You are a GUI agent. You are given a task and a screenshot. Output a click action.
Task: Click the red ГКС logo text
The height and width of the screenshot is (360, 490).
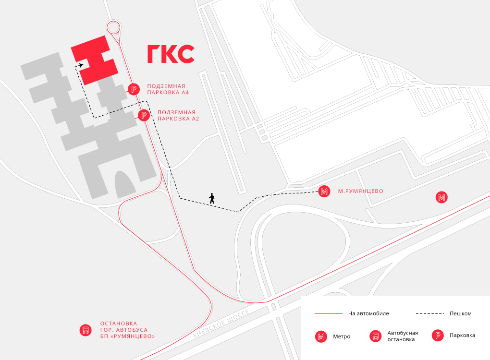(171, 54)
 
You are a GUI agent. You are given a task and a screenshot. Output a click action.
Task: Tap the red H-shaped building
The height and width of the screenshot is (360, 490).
(95, 60)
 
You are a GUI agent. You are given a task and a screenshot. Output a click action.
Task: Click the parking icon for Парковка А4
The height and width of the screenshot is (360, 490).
(134, 88)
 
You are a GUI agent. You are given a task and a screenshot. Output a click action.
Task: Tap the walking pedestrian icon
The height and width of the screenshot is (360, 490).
(211, 198)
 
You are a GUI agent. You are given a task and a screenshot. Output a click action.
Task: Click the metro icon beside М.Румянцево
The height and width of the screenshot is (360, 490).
(324, 191)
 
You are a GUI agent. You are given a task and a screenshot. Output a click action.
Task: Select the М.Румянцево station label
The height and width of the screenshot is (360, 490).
(360, 191)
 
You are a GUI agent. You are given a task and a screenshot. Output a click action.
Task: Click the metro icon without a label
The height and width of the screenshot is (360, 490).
(441, 197)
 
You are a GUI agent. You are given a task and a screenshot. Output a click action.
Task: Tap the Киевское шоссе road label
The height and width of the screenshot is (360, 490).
(221, 325)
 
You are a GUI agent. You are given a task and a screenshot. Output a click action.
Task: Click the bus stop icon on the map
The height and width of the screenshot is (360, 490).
(86, 330)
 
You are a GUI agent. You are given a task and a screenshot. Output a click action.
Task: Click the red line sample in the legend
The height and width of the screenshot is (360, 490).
(328, 313)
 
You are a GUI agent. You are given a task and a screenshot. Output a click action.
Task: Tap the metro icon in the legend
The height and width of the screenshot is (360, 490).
(321, 336)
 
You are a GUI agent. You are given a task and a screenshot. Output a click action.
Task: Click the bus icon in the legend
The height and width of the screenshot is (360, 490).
(375, 336)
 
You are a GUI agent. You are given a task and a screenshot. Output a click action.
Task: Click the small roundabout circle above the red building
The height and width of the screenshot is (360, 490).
(113, 27)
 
